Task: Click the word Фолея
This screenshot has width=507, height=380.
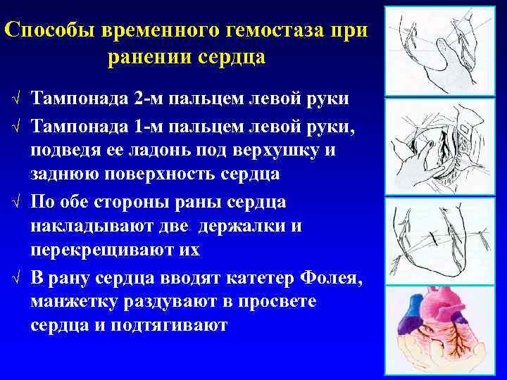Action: [327, 280]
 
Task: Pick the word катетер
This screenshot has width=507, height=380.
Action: [244, 280]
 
